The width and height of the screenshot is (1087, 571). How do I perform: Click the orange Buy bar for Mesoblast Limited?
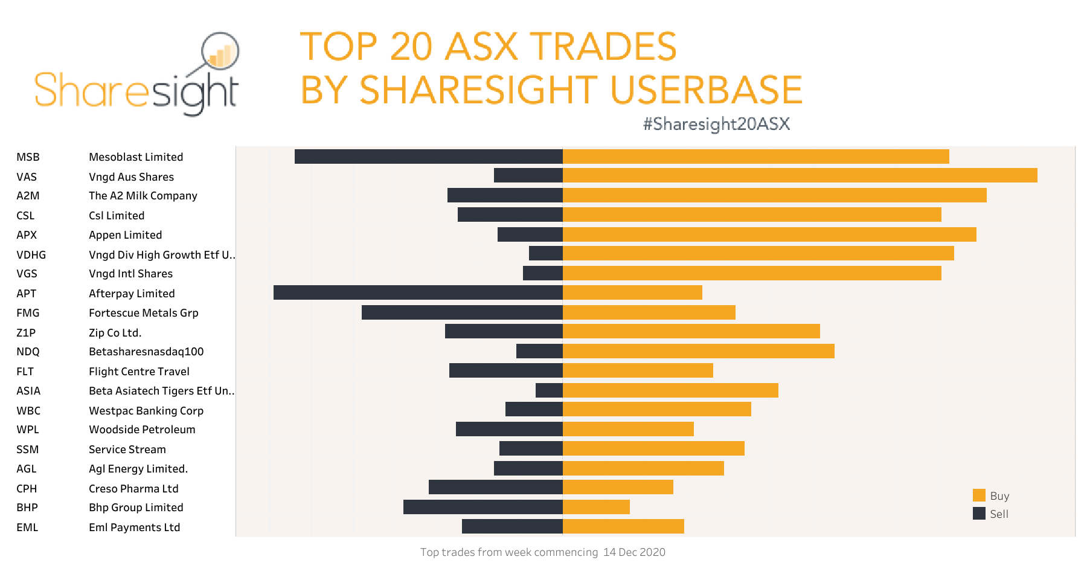point(755,156)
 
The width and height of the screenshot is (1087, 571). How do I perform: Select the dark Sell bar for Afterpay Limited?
point(418,292)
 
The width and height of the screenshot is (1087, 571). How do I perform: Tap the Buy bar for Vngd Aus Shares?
point(800,175)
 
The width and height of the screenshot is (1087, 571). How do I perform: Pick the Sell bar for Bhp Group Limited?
point(483,507)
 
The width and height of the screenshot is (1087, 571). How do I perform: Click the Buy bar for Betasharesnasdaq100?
point(698,351)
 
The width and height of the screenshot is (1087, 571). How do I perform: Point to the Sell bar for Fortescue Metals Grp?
point(462,312)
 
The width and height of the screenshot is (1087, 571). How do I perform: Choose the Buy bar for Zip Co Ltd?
point(691,331)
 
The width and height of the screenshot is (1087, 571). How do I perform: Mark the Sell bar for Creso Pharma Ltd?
point(495,487)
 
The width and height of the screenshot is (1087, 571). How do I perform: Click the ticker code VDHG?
point(31,255)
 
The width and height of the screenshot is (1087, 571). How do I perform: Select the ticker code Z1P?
point(26,333)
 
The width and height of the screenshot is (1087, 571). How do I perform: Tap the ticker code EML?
point(27,527)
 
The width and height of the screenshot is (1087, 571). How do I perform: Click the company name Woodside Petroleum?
point(142,430)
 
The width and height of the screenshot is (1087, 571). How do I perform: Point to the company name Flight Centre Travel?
point(139,372)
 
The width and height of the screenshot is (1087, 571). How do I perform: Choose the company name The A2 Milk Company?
point(143,196)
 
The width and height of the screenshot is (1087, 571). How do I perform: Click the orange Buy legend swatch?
point(979,495)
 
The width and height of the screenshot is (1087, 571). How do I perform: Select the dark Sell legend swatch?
point(979,514)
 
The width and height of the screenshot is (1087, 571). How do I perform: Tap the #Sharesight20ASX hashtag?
point(716,124)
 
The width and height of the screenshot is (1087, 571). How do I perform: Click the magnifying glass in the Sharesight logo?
point(220,52)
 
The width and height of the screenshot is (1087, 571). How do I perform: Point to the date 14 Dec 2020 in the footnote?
point(634,552)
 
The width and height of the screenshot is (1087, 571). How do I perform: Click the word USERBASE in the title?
point(706,89)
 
